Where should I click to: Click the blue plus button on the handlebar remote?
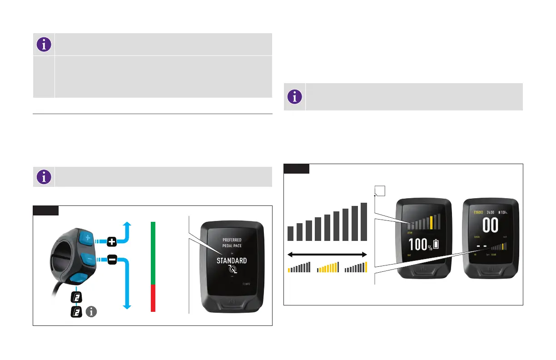(87, 238)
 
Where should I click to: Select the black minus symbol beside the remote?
(112, 260)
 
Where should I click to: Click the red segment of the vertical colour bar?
(153, 298)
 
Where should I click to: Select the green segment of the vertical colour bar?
(153, 253)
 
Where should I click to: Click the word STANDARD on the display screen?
(231, 261)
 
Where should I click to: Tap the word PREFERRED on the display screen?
(232, 240)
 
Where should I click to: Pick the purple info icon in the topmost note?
(43, 44)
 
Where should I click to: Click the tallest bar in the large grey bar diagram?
(364, 222)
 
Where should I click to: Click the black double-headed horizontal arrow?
(327, 254)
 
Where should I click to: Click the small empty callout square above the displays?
(379, 191)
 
